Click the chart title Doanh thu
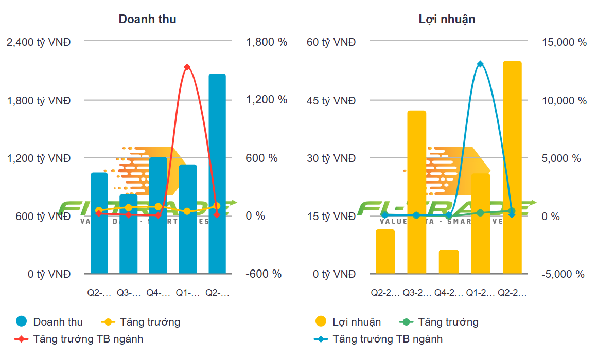click(147, 20)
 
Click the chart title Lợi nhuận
click(447, 20)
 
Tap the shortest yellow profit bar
click(449, 262)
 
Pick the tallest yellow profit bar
click(512, 167)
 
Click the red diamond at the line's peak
click(187, 67)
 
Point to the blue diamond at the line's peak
click(480, 64)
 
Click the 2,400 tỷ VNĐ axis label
click(38, 42)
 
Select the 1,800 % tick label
click(267, 42)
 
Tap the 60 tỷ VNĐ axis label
click(331, 42)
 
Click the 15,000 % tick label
click(564, 42)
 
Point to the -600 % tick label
click(264, 274)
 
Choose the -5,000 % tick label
click(563, 274)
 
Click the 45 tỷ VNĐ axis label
click(331, 100)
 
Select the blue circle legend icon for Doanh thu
click(21, 322)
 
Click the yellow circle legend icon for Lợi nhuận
click(321, 322)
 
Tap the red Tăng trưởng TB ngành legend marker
click(21, 339)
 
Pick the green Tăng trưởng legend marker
click(406, 322)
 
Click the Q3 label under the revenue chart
click(128, 293)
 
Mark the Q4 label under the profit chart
click(448, 293)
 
